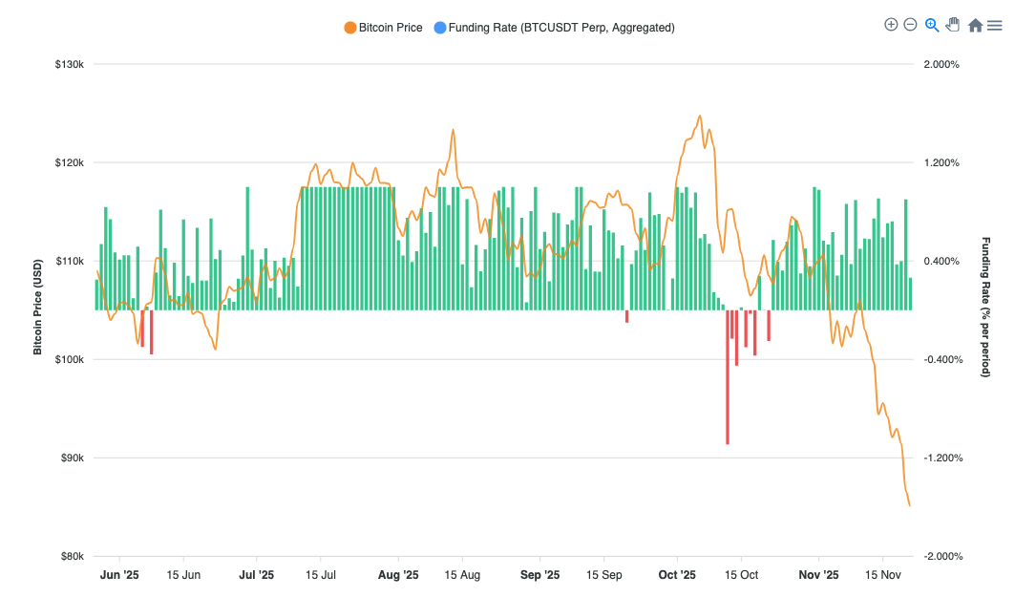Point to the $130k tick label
[70, 64]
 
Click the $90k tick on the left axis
[72, 458]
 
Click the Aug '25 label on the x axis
[398, 575]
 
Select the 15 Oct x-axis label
[741, 575]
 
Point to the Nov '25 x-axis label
[818, 575]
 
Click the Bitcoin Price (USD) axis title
[38, 307]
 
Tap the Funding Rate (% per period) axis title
[986, 307]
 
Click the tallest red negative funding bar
[728, 377]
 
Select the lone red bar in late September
[627, 316]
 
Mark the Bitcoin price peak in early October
[700, 117]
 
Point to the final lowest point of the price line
[909, 505]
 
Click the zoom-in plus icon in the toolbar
[891, 25]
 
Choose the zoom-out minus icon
[910, 25]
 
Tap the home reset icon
[975, 26]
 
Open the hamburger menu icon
[994, 26]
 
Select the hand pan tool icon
[953, 25]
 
